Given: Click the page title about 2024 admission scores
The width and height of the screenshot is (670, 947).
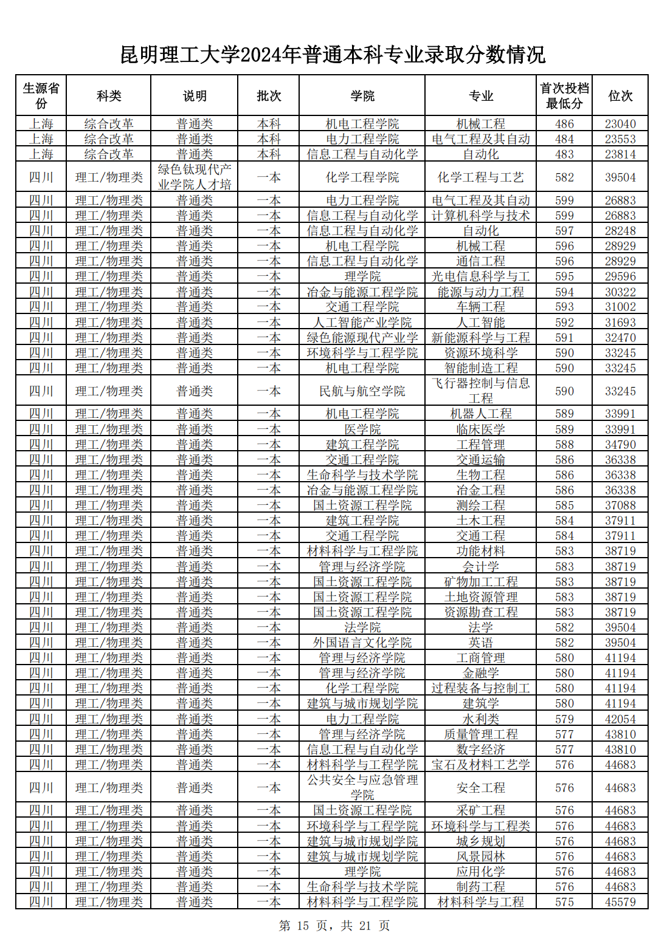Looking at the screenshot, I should point(333,55).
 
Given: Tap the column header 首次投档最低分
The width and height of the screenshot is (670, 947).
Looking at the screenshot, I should point(564,96).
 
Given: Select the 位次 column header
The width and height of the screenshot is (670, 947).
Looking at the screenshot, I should point(620,96).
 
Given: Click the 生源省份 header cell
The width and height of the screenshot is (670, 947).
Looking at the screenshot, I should point(41,96).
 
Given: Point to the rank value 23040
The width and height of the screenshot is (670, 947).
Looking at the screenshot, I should point(620,124).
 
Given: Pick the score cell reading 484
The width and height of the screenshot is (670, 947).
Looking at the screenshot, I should point(564,139).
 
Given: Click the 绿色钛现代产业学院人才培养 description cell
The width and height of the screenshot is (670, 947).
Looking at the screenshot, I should point(195,177).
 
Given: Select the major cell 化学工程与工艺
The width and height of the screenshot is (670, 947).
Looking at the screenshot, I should point(480,177).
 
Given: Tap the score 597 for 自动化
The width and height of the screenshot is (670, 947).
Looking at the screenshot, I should point(564,231).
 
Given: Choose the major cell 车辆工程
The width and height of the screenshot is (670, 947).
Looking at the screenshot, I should point(480,307).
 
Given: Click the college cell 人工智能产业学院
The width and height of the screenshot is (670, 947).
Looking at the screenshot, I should point(362,323).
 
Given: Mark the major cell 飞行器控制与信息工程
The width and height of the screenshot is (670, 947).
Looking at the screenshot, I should point(480,391).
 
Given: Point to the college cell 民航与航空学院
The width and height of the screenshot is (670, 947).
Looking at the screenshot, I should point(362,391).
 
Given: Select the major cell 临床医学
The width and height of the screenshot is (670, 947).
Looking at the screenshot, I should point(480,429).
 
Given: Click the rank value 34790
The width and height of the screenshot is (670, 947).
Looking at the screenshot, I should point(620,445).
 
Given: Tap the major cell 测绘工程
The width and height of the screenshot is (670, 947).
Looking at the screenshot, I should point(480,505).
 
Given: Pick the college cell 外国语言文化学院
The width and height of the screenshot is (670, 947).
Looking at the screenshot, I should point(362,643).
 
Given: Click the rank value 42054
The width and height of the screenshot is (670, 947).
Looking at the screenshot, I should point(620,719).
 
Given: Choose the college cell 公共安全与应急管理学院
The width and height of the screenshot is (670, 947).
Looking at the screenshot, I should point(362,787).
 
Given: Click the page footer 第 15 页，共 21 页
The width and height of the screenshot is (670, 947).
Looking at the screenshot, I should point(334,926).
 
